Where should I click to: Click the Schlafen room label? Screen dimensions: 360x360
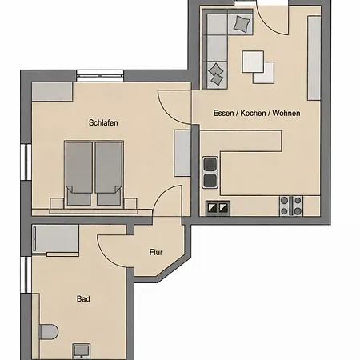[x=103, y=122]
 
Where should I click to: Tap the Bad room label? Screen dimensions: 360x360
[x=83, y=298]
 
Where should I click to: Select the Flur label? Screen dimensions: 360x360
[x=156, y=252]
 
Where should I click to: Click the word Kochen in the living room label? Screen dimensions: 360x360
[x=253, y=113]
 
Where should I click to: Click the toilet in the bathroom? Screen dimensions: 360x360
[x=49, y=332]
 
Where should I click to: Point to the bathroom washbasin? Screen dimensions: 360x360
[x=82, y=351]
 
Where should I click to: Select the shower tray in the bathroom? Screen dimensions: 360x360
[x=55, y=238]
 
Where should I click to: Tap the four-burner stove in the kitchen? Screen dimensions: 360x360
[x=291, y=206]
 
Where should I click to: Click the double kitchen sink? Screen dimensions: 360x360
[x=210, y=173]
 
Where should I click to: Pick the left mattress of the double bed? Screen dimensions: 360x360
[x=79, y=174]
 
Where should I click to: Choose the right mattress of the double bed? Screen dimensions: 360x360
[x=109, y=174]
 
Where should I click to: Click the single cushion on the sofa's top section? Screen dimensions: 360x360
[x=242, y=23]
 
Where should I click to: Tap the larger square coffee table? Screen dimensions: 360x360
[x=253, y=62]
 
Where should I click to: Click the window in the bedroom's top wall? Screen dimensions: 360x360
[x=100, y=76]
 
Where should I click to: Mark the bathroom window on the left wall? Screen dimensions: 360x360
[x=26, y=274]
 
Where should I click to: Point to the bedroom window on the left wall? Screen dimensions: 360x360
[x=26, y=162]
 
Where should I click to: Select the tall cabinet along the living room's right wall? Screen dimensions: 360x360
[x=314, y=58]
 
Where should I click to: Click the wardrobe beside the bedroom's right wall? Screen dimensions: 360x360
[x=182, y=153]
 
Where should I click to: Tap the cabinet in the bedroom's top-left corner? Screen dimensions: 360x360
[x=52, y=92]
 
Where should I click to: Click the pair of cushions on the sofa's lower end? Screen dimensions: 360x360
[x=216, y=74]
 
